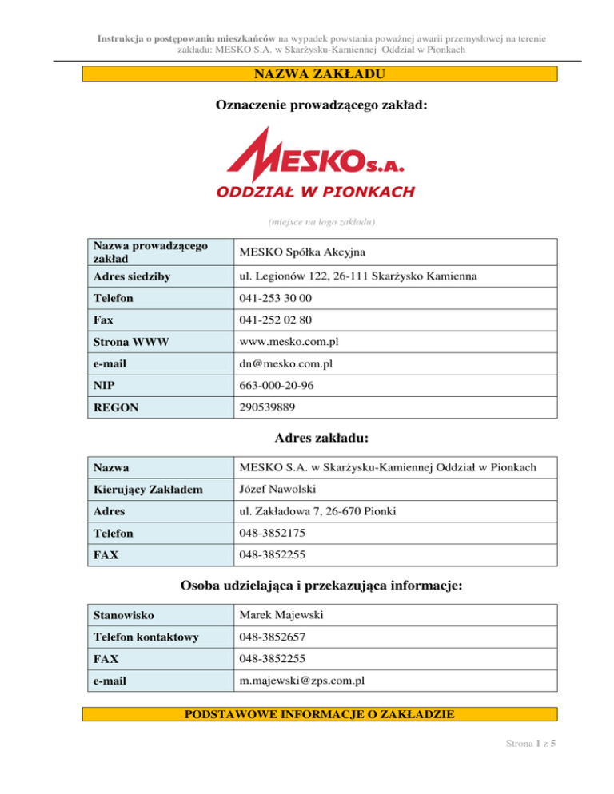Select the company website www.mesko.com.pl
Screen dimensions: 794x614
tap(289, 341)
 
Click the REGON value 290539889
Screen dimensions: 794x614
tap(268, 407)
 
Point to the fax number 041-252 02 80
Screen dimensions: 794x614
tap(276, 320)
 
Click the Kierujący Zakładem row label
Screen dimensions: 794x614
tap(140, 488)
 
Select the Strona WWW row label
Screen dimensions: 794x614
tap(127, 341)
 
